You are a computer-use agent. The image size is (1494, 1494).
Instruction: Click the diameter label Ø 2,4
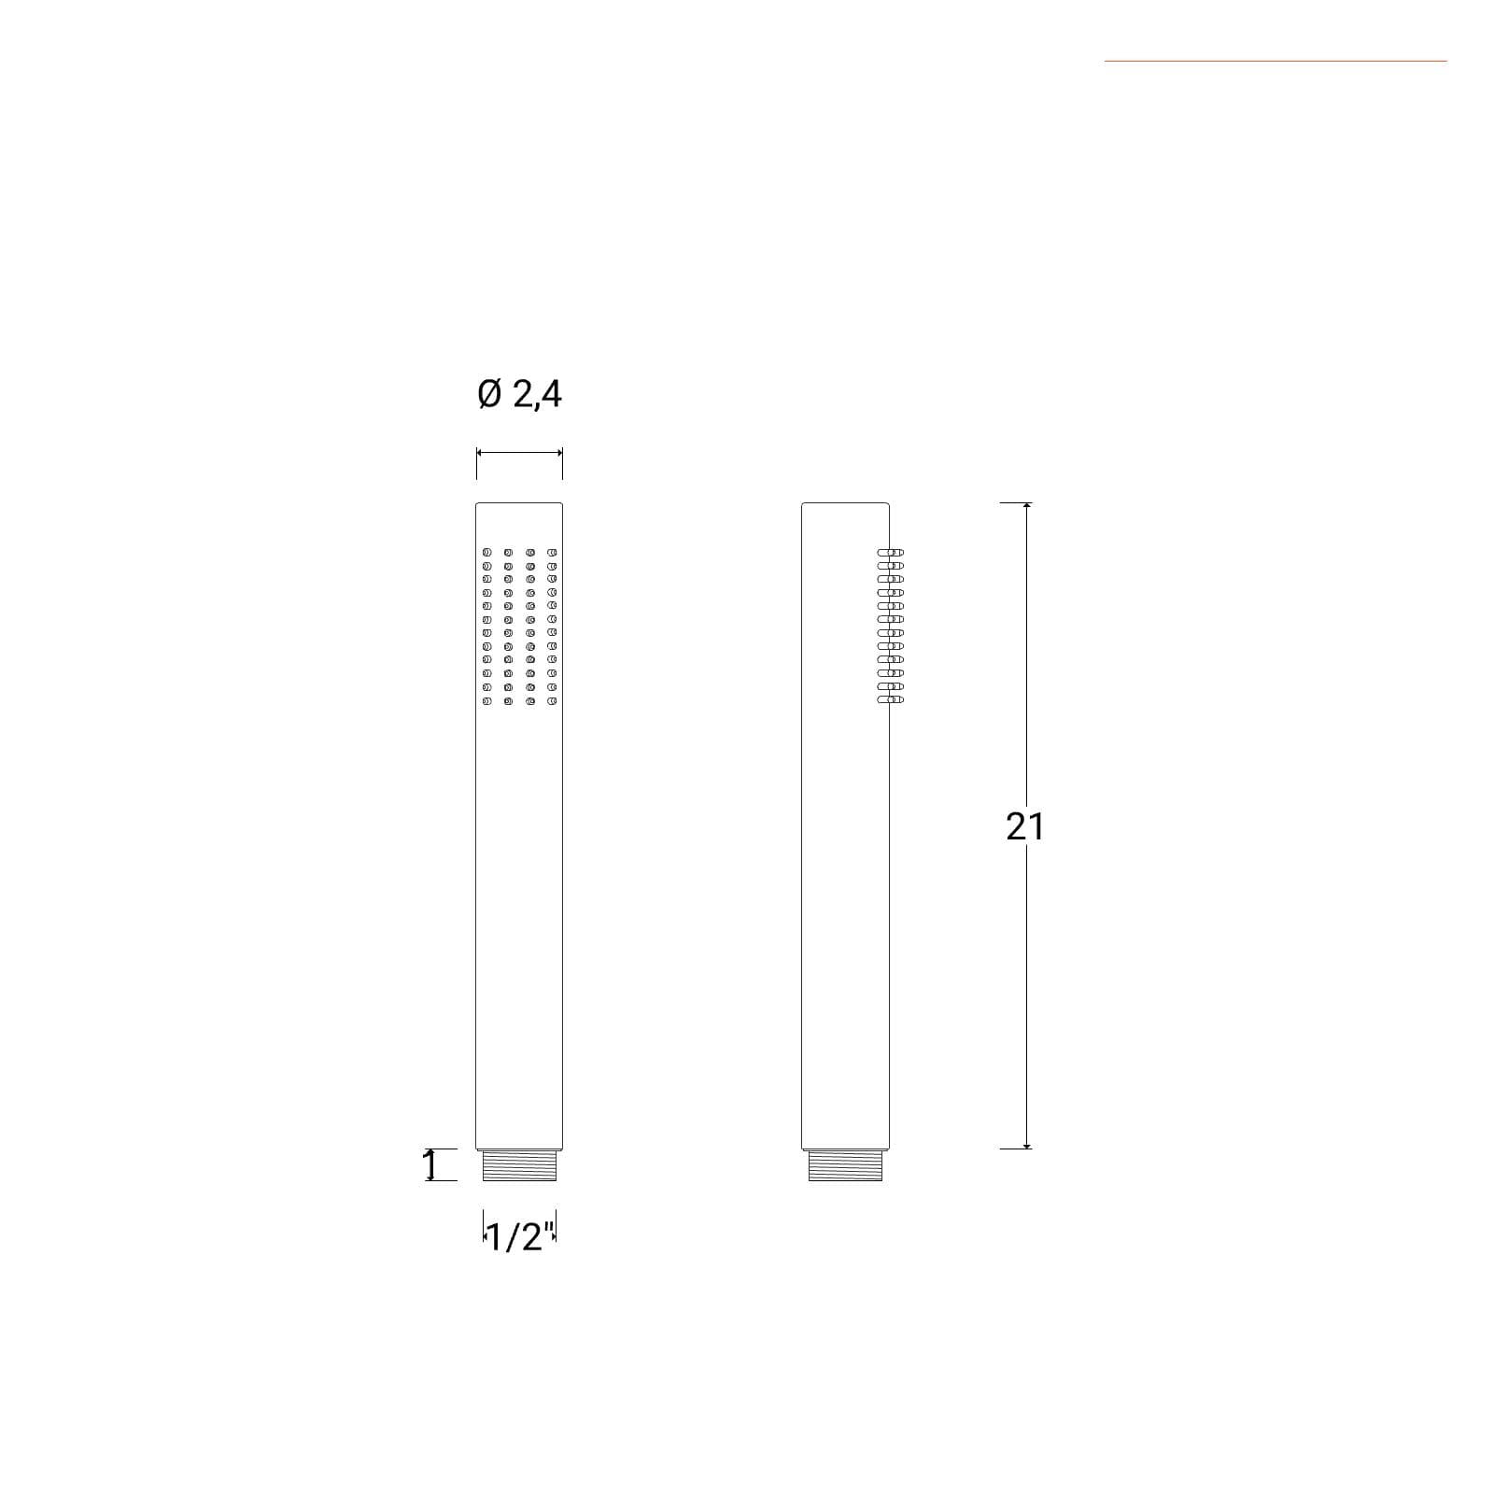[519, 394]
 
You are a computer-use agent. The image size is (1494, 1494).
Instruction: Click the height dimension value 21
[1024, 826]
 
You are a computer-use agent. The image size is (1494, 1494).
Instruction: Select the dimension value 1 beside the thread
[430, 1164]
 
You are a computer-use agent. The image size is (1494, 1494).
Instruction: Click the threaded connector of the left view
[519, 1165]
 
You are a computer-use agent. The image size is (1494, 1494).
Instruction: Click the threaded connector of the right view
[846, 1165]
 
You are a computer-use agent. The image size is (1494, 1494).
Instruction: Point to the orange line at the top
[1276, 62]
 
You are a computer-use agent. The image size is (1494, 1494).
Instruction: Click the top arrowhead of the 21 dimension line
[1027, 506]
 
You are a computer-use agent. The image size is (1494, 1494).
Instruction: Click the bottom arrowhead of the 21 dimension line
[1027, 1144]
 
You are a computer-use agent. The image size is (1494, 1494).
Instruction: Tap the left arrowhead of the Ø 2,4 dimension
[480, 453]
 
